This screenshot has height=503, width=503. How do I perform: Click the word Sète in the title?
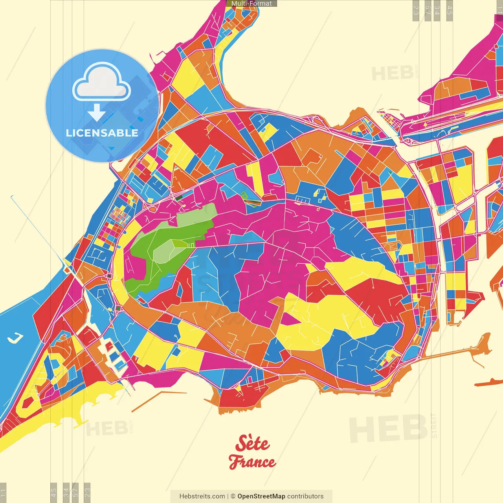252,444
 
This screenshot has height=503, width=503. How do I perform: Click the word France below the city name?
252,462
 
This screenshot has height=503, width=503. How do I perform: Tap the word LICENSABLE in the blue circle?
102,133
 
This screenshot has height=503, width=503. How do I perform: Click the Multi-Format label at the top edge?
251,4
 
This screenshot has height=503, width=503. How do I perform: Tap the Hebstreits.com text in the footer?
202,496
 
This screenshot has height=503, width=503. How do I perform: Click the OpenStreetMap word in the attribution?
261,496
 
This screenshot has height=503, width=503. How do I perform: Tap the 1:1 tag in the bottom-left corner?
3,493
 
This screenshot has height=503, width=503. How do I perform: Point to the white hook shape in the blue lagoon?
16,337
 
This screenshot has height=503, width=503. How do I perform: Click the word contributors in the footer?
305,496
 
